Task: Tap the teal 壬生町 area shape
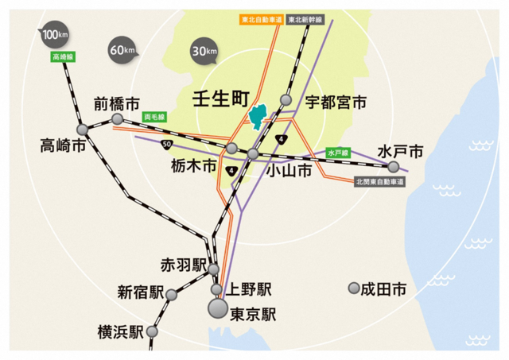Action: pyautogui.click(x=258, y=118)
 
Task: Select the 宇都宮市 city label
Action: pyautogui.click(x=336, y=103)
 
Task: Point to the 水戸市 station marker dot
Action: pyautogui.click(x=393, y=166)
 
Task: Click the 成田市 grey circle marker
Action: pyautogui.click(x=354, y=288)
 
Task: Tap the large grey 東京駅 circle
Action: pyautogui.click(x=217, y=308)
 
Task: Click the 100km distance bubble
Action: pyautogui.click(x=54, y=36)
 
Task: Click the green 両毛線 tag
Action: pyautogui.click(x=153, y=116)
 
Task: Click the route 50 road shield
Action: pyautogui.click(x=165, y=144)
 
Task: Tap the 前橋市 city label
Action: pyautogui.click(x=116, y=103)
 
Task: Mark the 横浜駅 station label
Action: pyautogui.click(x=120, y=332)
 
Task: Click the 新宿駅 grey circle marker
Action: pyautogui.click(x=173, y=293)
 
